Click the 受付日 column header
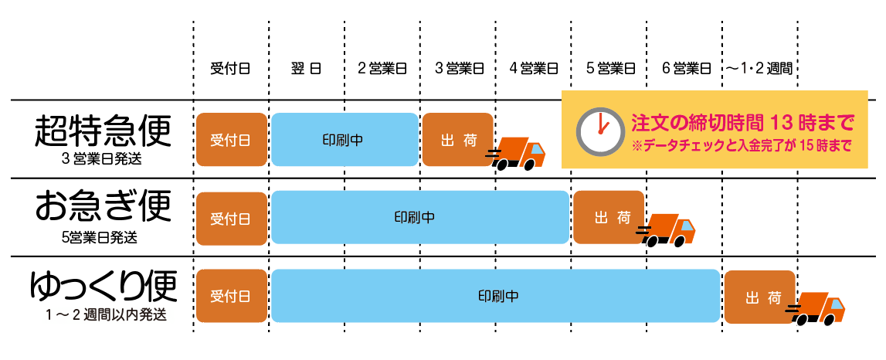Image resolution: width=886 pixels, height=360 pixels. (230, 69)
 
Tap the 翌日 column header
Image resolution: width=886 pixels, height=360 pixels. (307, 69)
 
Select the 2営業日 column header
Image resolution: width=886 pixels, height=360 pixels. (382, 69)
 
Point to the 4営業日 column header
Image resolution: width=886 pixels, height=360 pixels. (534, 69)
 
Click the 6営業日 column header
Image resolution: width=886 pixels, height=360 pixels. (686, 69)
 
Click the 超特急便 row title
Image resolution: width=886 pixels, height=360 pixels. (103, 132)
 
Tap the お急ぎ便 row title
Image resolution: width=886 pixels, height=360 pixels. (103, 207)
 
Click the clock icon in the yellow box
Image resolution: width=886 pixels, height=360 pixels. (598, 130)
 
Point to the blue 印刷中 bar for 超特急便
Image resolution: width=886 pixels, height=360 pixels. (344, 140)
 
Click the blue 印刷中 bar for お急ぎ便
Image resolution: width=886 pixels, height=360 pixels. (419, 217)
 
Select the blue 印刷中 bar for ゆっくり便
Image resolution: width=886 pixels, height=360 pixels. (495, 296)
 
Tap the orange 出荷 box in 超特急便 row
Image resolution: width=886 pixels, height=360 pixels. (457, 140)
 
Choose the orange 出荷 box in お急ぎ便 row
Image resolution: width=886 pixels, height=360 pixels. (609, 217)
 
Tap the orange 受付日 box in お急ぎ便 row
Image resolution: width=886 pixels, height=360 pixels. (231, 217)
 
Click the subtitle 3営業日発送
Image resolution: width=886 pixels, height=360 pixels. (103, 160)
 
